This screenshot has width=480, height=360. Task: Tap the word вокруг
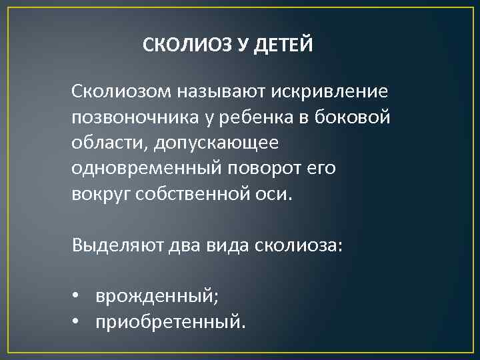pos(101,195)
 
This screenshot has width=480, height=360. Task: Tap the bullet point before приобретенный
pos(77,324)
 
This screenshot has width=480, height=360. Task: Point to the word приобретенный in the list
pos(169,324)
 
